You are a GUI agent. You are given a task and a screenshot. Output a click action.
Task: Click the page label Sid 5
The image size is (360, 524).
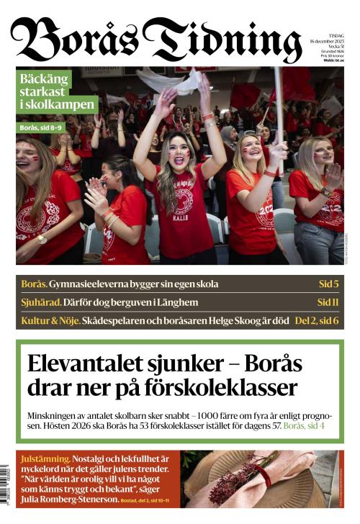point(328,284)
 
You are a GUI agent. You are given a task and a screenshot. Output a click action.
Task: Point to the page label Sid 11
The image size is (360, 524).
point(328,302)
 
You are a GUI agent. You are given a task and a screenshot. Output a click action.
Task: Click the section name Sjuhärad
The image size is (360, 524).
point(40,302)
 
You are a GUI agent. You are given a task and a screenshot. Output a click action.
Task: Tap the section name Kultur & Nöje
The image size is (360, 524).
point(49,320)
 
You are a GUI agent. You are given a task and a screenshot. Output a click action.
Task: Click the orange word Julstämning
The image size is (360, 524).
point(45,458)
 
